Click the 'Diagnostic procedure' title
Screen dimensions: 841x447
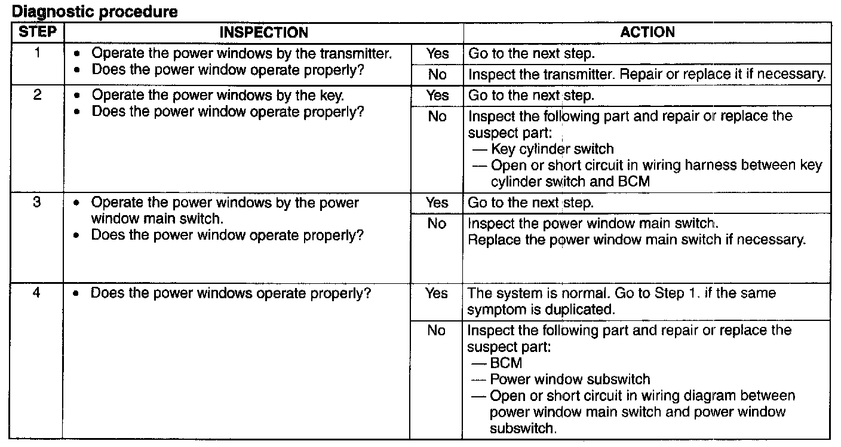point(94,11)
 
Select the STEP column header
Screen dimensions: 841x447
point(38,32)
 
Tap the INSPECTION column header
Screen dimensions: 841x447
point(263,32)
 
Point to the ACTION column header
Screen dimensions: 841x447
point(647,32)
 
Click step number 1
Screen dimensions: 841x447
point(37,53)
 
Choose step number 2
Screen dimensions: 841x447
point(37,94)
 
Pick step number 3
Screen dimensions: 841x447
point(37,202)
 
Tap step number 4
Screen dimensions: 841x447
point(36,292)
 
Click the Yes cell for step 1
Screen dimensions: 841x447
point(437,53)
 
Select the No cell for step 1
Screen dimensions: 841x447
point(437,74)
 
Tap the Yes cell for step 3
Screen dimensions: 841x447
point(437,203)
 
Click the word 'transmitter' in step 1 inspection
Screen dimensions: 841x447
point(356,53)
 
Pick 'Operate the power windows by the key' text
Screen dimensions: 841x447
point(218,95)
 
